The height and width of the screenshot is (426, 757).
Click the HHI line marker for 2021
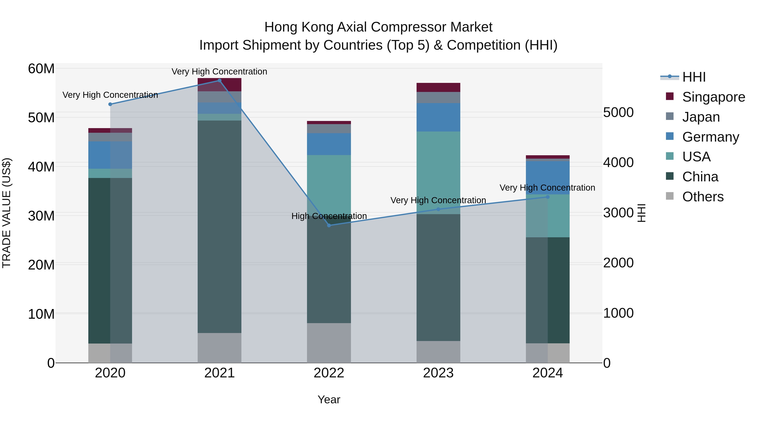click(219, 81)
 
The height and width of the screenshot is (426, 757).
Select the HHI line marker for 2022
click(329, 226)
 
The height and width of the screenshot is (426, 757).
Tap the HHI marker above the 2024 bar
click(548, 197)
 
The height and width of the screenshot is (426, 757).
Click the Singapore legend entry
click(713, 97)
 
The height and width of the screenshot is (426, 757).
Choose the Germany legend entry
click(710, 137)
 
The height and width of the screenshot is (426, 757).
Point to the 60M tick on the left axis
click(41, 69)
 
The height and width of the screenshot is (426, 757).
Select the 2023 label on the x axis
click(438, 373)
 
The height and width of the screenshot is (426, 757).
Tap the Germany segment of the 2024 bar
click(548, 177)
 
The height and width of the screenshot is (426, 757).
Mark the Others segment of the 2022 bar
click(329, 343)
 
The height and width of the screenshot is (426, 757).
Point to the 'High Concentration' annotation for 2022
click(329, 216)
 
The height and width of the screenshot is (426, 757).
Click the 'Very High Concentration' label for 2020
click(110, 95)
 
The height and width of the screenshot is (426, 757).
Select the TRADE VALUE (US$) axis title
click(7, 213)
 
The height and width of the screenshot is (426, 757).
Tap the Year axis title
click(329, 399)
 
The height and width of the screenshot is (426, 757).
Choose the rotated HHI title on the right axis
click(642, 213)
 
